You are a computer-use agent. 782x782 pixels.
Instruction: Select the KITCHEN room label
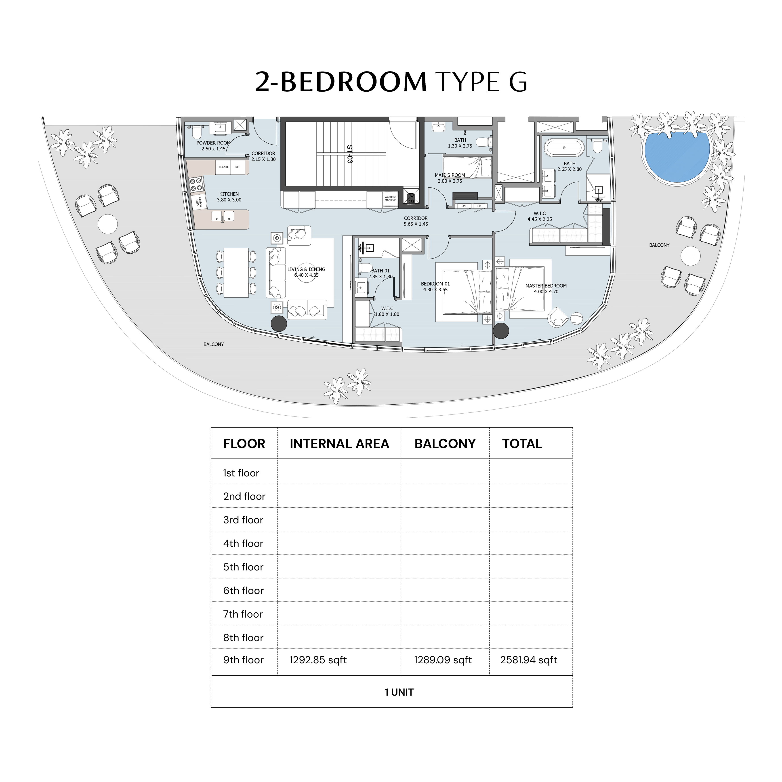[x=229, y=194]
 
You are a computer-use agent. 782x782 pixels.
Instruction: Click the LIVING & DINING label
[x=306, y=269]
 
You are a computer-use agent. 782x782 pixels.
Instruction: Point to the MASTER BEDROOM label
[x=546, y=286]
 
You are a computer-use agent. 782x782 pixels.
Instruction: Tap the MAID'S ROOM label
[x=450, y=175]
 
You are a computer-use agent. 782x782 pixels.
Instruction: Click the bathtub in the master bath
[x=564, y=148]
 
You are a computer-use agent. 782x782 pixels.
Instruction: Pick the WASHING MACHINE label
[x=390, y=199]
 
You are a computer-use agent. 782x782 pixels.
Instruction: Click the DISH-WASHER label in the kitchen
[x=199, y=202]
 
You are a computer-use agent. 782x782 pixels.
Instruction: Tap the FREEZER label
[x=223, y=167]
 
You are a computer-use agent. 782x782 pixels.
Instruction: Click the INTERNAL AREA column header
[x=339, y=444]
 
